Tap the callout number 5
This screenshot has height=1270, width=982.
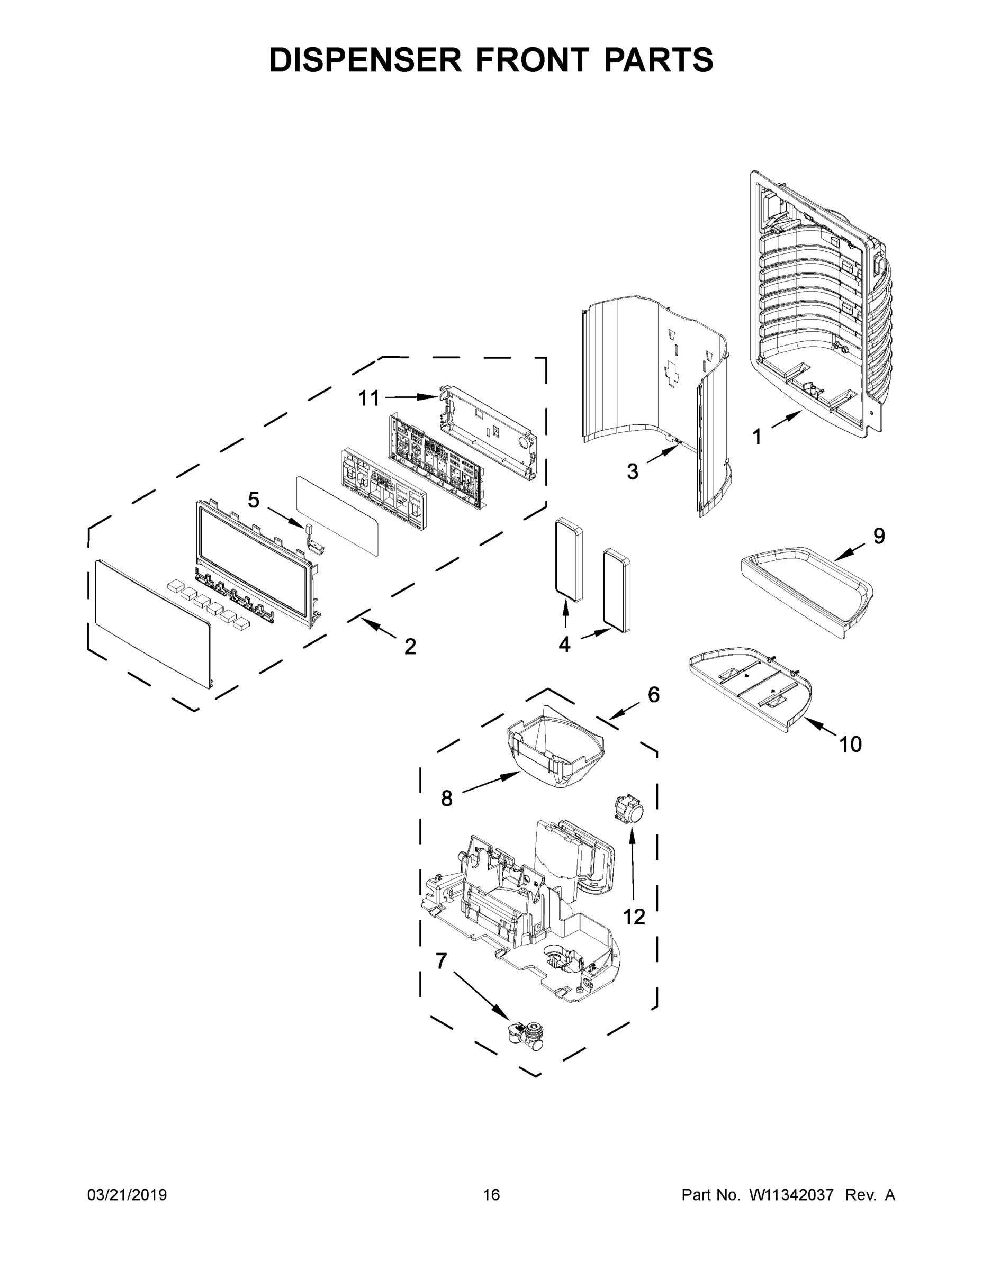click(x=254, y=500)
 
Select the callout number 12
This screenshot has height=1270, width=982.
click(x=634, y=917)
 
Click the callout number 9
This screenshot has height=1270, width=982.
click(x=878, y=536)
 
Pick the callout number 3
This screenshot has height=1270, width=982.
click(x=633, y=471)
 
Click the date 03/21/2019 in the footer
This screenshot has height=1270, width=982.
click(x=127, y=1194)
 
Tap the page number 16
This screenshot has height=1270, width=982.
click(x=491, y=1194)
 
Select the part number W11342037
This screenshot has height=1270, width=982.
click(x=790, y=1194)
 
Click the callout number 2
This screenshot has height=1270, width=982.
click(x=410, y=646)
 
